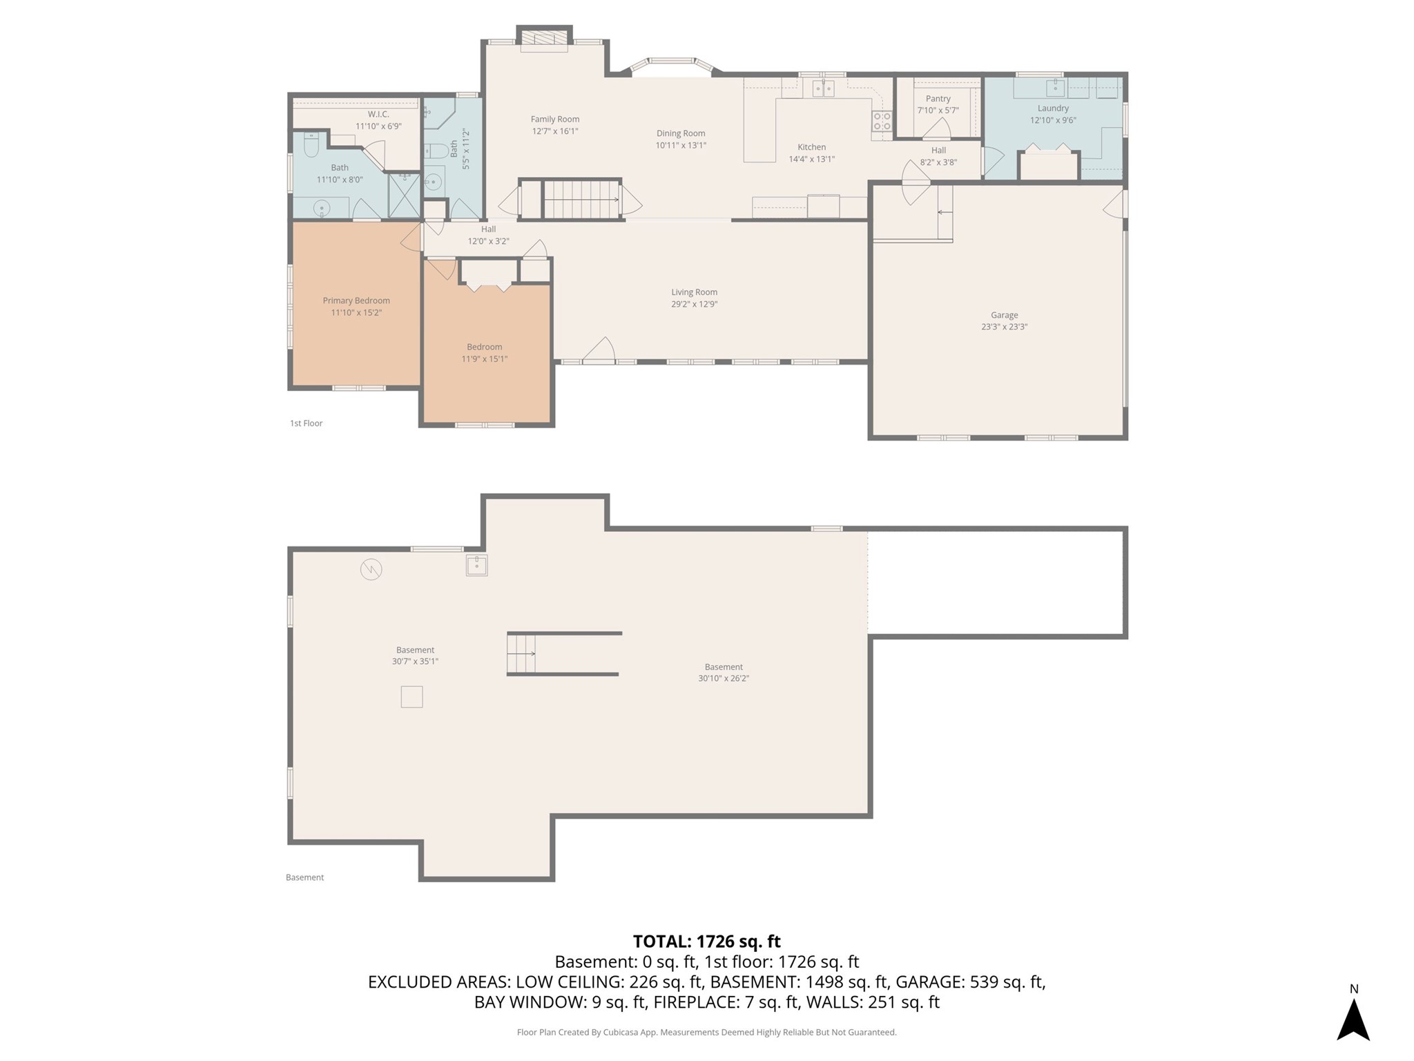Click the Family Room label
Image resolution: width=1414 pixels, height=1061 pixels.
point(555,120)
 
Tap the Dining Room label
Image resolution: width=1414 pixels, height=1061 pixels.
point(681,133)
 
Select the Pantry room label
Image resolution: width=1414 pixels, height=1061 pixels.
point(938,99)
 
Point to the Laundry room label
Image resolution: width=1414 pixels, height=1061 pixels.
point(1053,108)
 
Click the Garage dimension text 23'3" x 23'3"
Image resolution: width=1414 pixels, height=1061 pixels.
point(1005,327)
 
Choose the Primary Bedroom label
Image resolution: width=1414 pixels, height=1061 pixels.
point(356,300)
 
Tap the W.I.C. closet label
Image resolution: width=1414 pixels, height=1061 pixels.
point(378,114)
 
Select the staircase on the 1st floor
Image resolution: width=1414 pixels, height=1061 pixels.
point(581,200)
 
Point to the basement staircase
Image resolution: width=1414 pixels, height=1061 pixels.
point(521,653)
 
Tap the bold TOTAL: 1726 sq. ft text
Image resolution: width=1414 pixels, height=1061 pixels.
point(707,941)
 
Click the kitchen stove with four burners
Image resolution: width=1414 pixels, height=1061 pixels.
point(882,121)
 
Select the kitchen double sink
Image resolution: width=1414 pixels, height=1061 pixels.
point(823,88)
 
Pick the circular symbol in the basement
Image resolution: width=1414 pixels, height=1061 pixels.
point(371,569)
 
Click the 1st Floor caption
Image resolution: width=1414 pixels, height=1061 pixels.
point(306,423)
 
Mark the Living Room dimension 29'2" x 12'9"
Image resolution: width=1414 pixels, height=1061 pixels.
point(695,304)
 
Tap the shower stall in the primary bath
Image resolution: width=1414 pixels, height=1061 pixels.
point(404,195)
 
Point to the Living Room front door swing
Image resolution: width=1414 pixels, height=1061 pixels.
point(599,349)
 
